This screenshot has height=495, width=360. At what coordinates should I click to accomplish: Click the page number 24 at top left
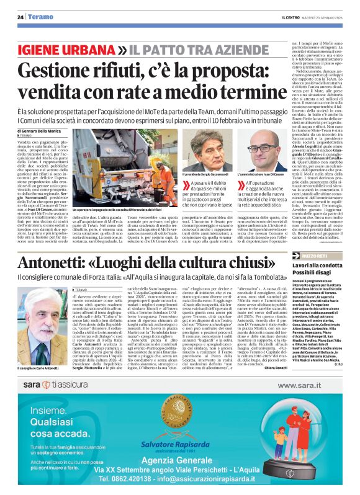click(x=20, y=17)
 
